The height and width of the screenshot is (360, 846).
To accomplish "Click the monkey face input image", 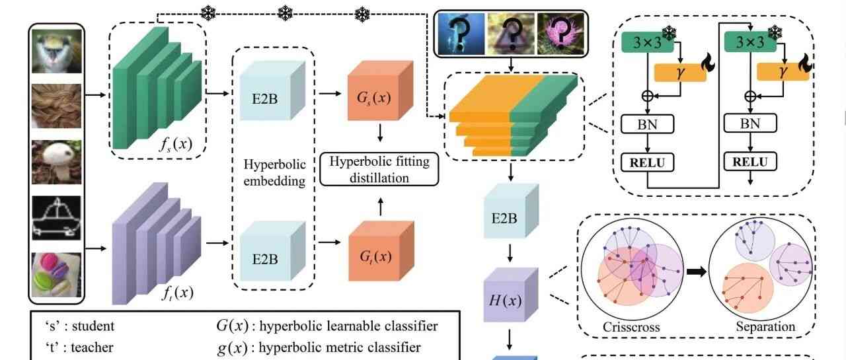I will (56, 53).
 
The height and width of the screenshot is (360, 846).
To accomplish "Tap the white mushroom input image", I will (56, 162).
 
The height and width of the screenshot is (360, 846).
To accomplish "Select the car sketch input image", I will (56, 217).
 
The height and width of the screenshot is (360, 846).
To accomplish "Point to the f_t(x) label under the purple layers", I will (177, 291).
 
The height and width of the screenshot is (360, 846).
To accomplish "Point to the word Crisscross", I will (631, 326).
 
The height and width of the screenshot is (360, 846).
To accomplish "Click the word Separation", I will (766, 326).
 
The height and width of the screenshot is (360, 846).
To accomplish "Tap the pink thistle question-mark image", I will (560, 32).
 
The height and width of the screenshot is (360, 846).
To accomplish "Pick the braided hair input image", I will (56, 106).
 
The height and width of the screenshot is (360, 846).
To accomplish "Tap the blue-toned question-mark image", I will (459, 32).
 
